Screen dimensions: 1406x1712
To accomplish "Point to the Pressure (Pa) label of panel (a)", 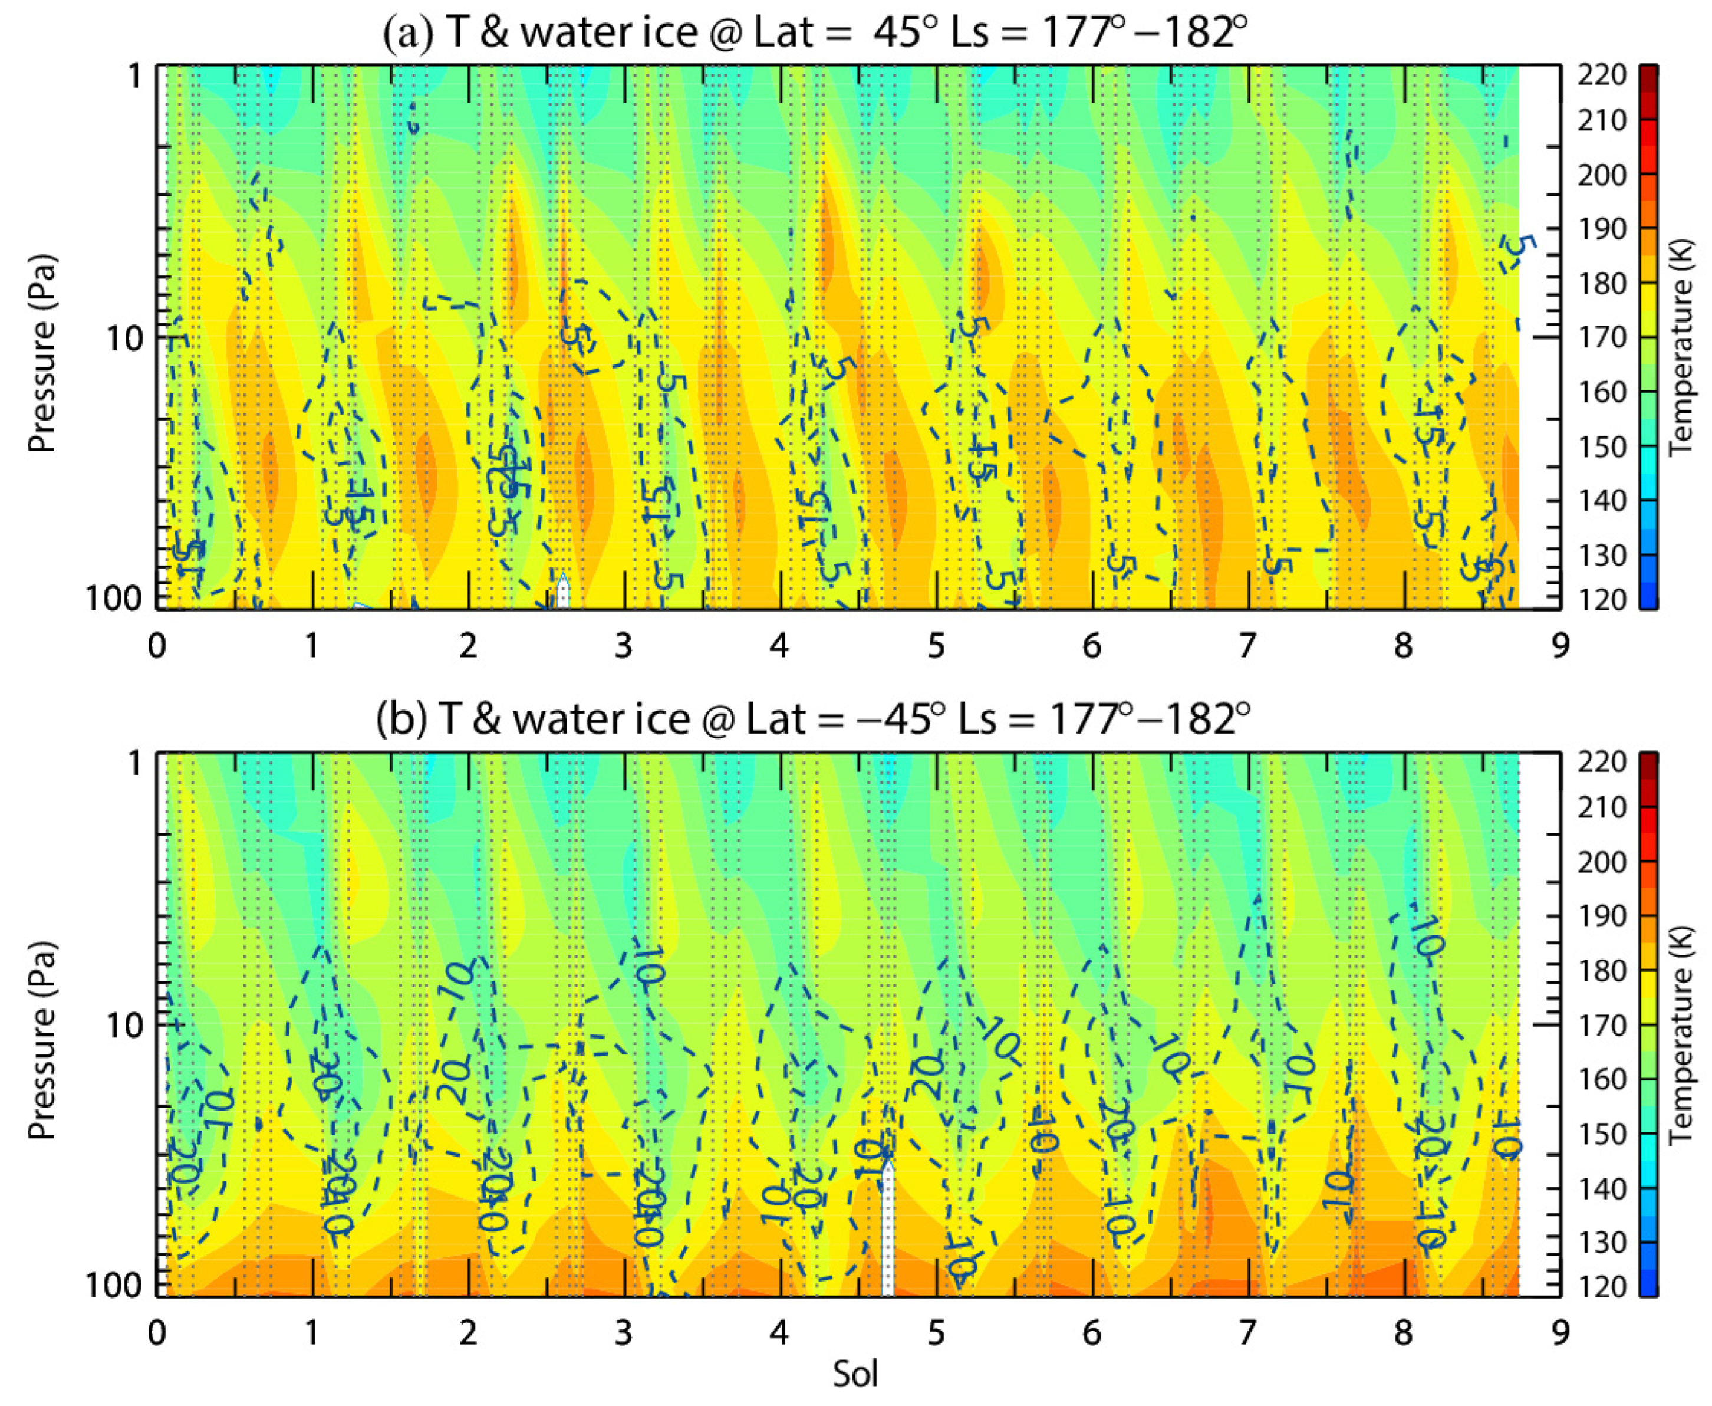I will (42, 354).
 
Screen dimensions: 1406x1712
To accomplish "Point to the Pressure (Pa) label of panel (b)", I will (42, 1041).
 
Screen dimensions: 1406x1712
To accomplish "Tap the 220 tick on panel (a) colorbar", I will (1601, 74).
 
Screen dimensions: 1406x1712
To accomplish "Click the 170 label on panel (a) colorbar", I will (1601, 337).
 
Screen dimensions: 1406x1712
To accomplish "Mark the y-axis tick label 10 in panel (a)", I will (123, 338).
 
